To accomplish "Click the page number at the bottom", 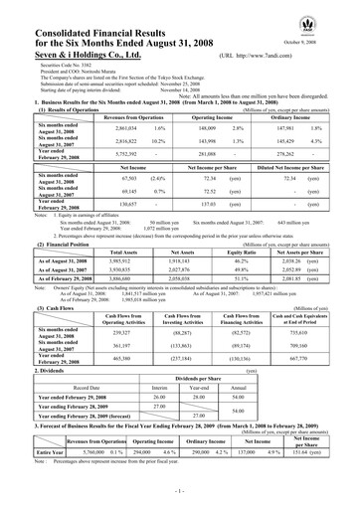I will [x=179, y=492].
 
